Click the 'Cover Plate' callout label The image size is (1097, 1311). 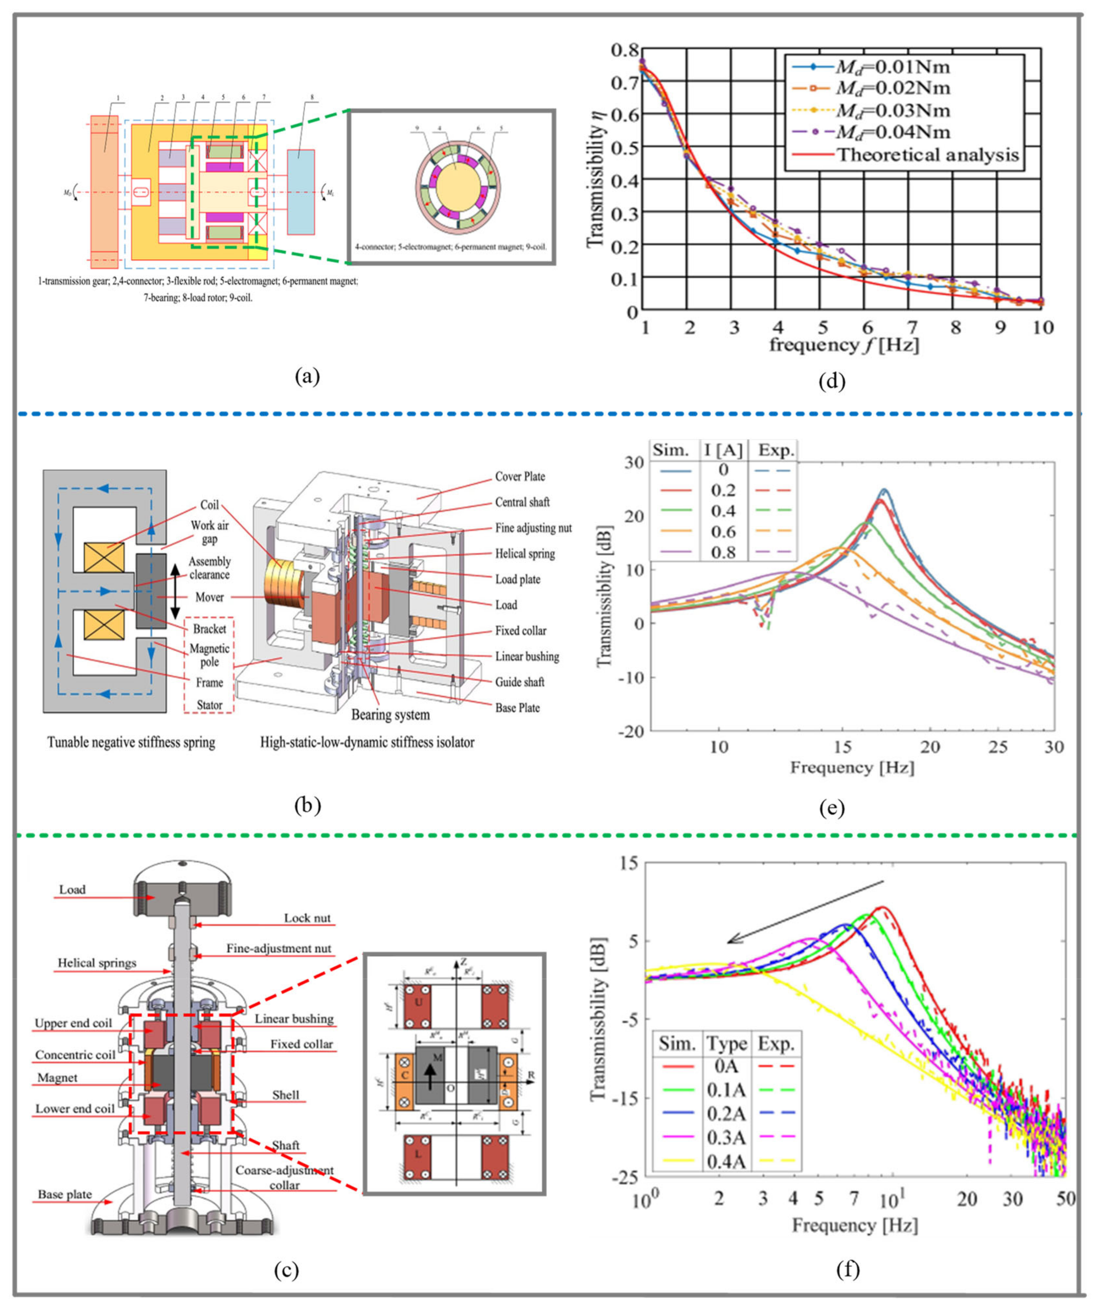520,476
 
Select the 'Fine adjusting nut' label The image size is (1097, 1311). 533,528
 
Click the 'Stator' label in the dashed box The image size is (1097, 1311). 209,705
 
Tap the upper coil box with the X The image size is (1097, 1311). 104,557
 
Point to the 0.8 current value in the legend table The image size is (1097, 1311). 723,553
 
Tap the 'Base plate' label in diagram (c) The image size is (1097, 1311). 65,1194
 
